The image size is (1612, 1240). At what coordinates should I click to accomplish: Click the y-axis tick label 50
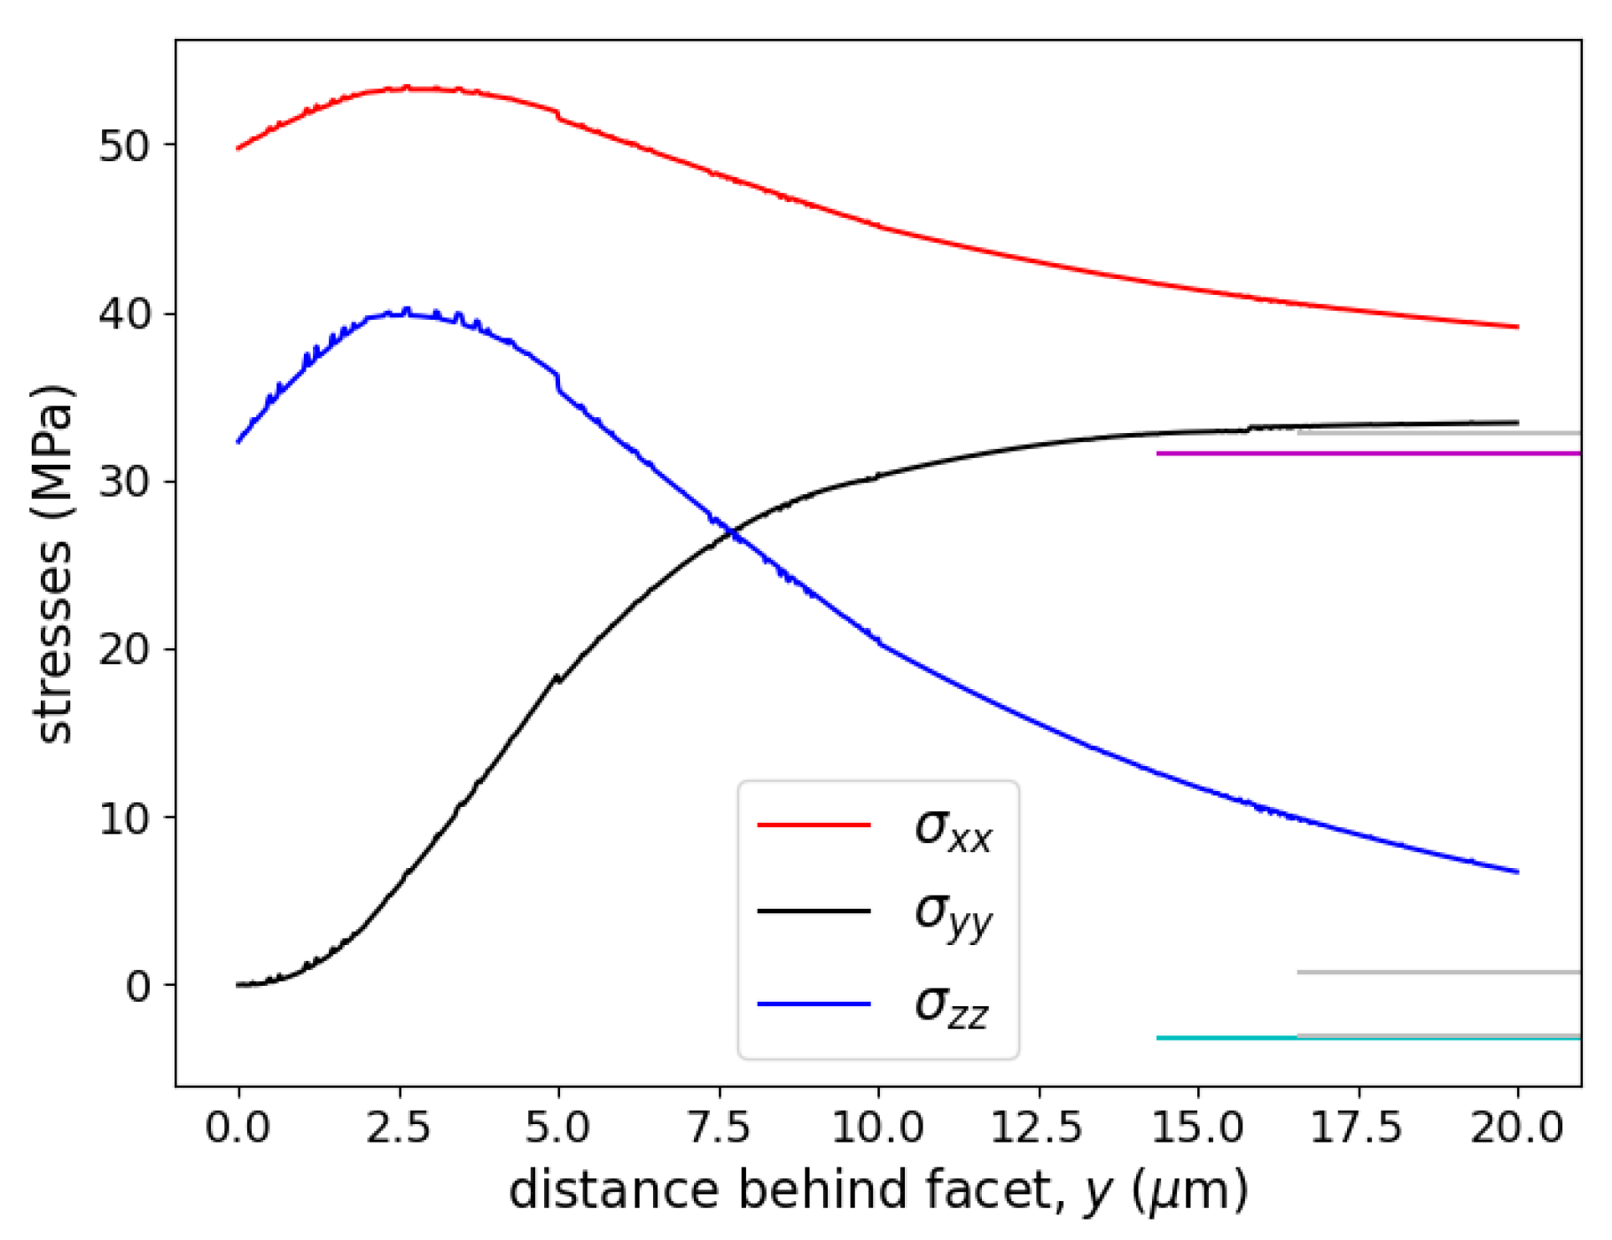tap(123, 146)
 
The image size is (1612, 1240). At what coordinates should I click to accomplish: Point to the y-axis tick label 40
tap(123, 314)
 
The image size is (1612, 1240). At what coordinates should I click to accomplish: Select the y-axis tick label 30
tap(123, 483)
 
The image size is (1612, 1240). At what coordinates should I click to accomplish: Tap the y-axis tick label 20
tap(123, 650)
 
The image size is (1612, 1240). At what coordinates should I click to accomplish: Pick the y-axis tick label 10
tap(123, 818)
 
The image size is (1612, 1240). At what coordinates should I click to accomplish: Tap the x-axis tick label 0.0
tap(238, 1128)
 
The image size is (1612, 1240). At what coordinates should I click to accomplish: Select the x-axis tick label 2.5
tap(398, 1128)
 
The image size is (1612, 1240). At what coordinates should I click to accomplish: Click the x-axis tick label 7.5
tap(718, 1128)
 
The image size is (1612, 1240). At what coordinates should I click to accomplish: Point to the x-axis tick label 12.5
tap(1038, 1128)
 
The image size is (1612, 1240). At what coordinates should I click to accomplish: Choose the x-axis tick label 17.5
tap(1357, 1128)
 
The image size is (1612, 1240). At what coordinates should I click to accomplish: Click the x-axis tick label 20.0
tap(1517, 1128)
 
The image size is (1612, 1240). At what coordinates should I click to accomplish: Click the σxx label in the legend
tap(953, 830)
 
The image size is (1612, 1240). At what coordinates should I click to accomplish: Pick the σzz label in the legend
tap(951, 1007)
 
